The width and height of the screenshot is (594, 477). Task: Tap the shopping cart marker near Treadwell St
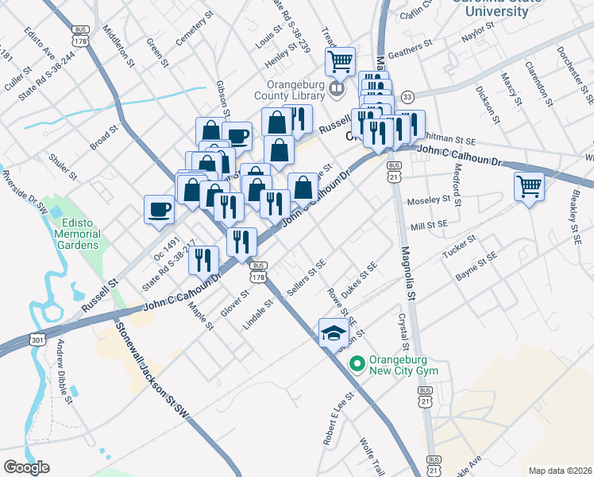[340, 60]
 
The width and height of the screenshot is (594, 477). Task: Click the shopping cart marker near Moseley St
[529, 187]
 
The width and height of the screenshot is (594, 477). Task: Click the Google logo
[26, 467]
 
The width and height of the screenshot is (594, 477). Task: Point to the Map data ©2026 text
[561, 470]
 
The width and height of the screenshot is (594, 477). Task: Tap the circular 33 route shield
[407, 95]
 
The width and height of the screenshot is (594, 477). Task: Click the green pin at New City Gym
[357, 364]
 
